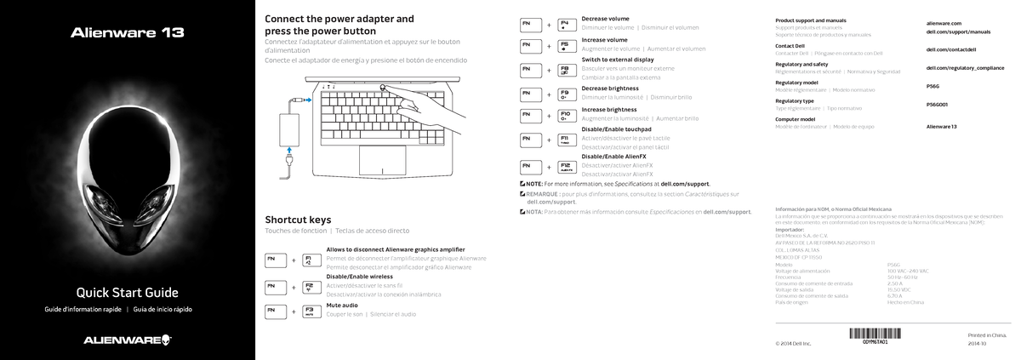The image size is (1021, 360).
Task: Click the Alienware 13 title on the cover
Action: (127, 34)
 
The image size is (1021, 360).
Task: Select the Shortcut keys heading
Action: (298, 219)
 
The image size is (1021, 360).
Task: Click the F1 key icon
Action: (308, 258)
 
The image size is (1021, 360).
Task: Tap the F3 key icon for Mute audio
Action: (308, 311)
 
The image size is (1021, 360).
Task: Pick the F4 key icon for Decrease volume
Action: (564, 26)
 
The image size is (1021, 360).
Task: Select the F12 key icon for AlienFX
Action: (564, 165)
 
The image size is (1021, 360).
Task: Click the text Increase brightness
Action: (609, 109)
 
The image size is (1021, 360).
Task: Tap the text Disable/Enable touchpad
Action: (616, 129)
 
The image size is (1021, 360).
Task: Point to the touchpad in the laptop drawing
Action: (381, 159)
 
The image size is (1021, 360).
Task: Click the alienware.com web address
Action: (943, 23)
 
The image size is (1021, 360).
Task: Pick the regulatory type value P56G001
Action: (937, 104)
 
